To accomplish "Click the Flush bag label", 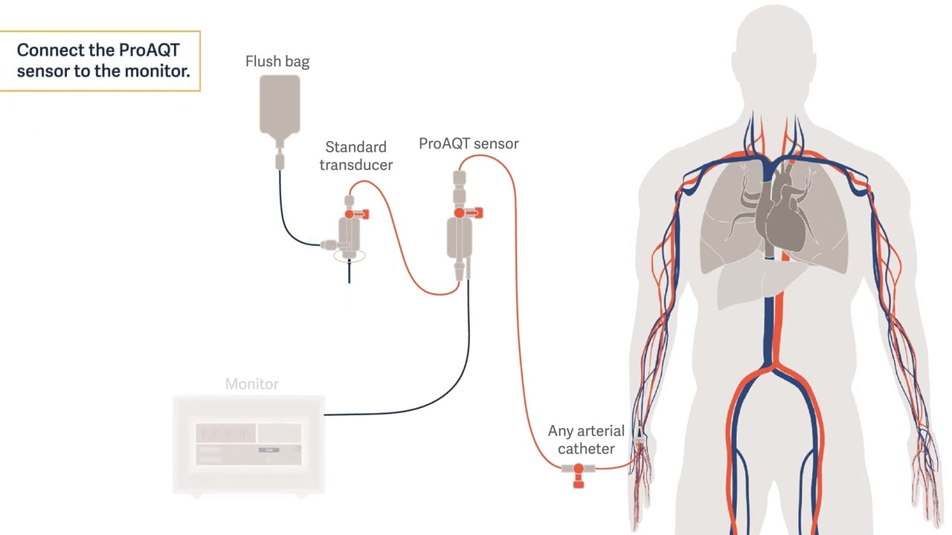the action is coord(277,62).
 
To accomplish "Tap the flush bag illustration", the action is coord(280,106).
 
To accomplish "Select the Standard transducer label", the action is coord(356,156).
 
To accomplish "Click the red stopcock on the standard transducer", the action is coord(356,214).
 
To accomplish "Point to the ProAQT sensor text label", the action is coord(469,143).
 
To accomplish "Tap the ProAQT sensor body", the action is coord(460,238).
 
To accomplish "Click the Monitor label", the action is coord(251,384).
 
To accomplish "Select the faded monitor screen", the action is coord(248,444).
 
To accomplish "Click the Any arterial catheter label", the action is coord(586,440).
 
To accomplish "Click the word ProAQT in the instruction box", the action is coord(149,50).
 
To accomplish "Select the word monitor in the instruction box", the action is coord(156,71).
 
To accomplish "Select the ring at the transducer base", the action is coord(350,256).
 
